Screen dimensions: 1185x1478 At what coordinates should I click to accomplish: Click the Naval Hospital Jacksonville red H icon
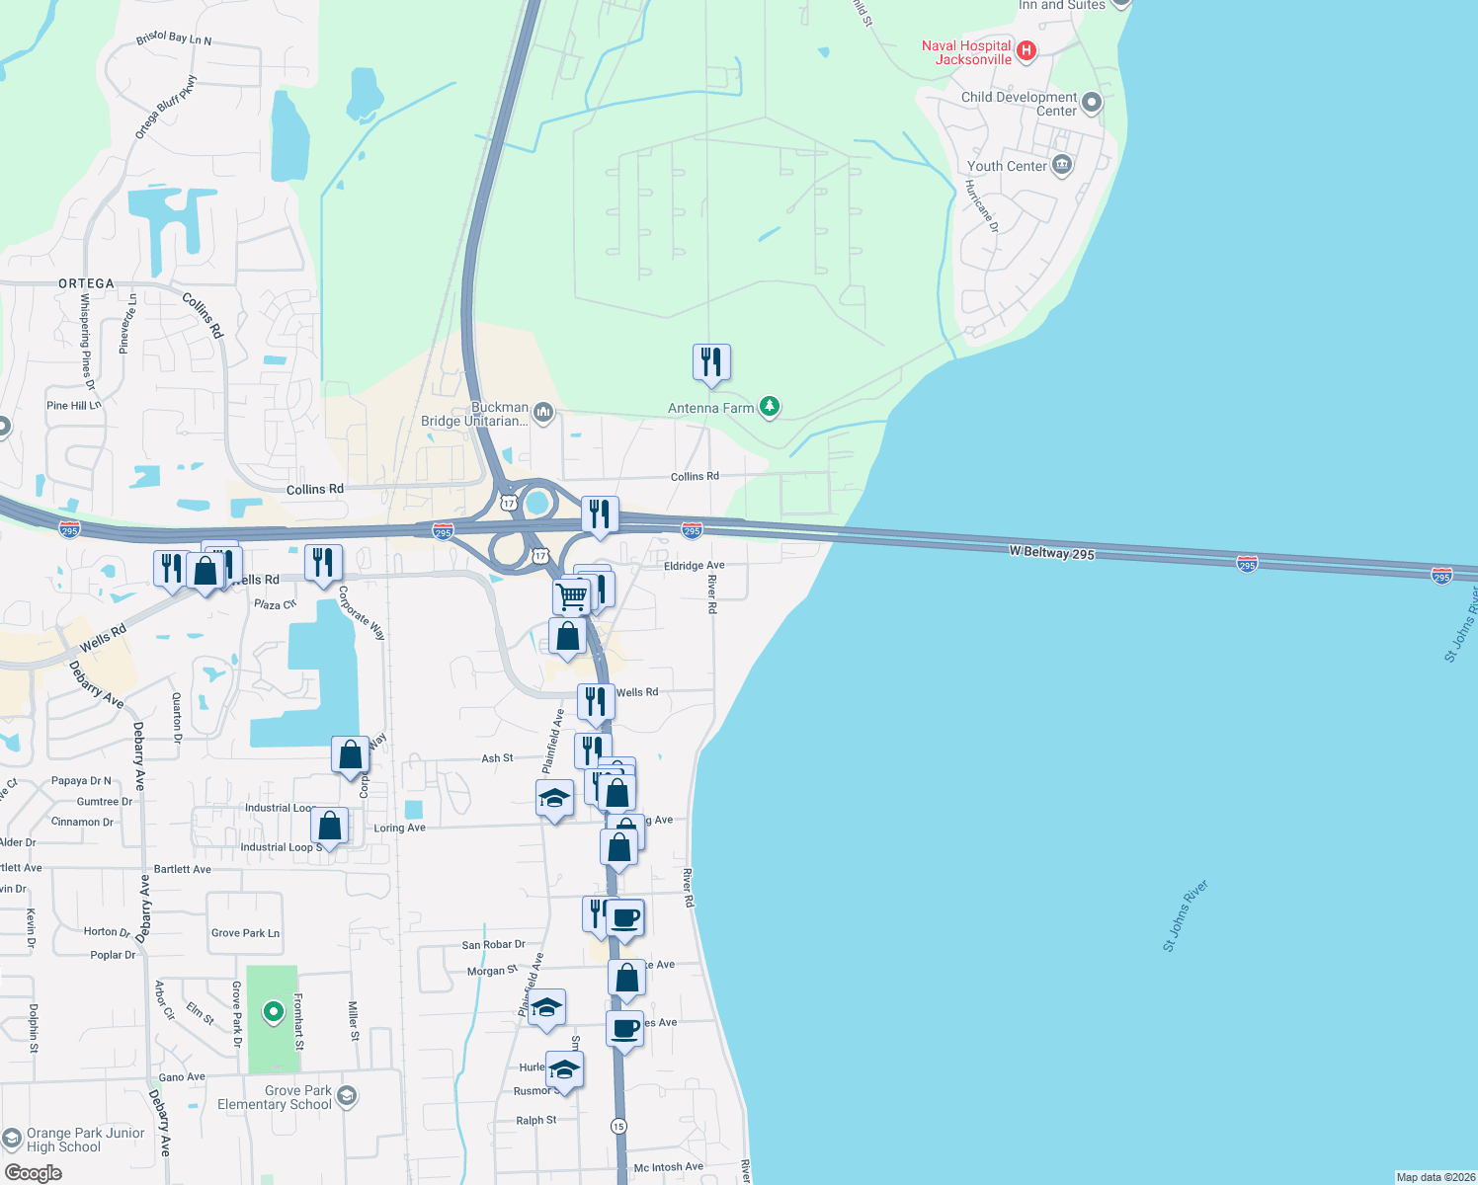pos(1026,49)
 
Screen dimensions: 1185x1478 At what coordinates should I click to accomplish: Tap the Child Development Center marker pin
pos(1092,102)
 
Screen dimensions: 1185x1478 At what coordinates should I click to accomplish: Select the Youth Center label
pos(1007,166)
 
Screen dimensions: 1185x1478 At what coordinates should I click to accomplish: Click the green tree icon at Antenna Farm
pos(769,406)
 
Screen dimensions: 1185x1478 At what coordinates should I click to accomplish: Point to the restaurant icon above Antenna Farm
pos(711,363)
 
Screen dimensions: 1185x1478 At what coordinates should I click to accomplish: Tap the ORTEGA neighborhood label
pos(86,283)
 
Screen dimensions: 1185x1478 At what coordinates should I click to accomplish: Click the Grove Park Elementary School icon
pos(346,1095)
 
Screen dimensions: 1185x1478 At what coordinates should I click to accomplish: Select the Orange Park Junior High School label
pos(85,1140)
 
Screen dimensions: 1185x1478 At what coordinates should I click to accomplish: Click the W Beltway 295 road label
pos(1051,552)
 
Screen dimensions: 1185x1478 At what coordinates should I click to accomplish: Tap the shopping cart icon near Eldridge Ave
pos(571,595)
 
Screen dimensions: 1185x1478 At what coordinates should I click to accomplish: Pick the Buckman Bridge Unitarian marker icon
pos(542,411)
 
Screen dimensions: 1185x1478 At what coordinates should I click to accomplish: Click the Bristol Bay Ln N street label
pos(174,39)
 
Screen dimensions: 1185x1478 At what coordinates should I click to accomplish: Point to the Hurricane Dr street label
pos(982,206)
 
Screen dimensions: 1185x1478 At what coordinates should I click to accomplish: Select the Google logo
pos(33,1173)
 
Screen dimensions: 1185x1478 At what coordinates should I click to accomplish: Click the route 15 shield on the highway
pos(618,1126)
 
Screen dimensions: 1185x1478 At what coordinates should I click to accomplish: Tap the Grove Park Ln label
pos(245,933)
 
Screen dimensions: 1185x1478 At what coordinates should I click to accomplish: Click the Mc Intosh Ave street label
pos(668,1167)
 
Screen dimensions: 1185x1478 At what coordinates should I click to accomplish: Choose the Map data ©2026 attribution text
pos(1435,1177)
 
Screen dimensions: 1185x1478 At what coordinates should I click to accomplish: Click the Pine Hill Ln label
pos(73,405)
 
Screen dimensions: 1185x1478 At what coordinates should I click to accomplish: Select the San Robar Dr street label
pos(493,945)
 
